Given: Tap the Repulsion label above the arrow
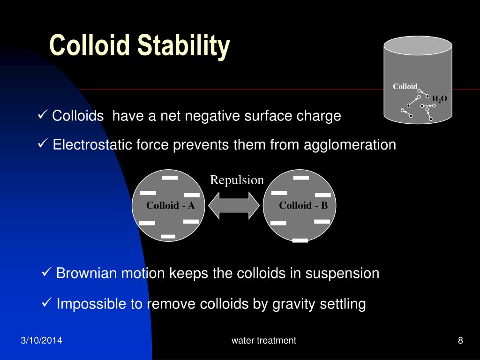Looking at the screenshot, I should [x=237, y=180].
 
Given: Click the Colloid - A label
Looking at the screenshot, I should [x=170, y=205].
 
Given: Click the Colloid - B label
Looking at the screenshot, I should [x=303, y=205].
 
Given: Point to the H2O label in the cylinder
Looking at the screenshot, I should [x=439, y=99].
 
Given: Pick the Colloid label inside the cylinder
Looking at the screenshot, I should [x=405, y=86].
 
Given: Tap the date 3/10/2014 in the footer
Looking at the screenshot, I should [x=42, y=341].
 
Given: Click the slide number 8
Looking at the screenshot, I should [x=460, y=341].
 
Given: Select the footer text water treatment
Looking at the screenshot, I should [x=263, y=341].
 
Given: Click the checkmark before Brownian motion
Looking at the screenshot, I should [x=46, y=272].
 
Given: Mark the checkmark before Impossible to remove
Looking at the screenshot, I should [x=46, y=303].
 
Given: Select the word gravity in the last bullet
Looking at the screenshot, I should [x=292, y=304].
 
